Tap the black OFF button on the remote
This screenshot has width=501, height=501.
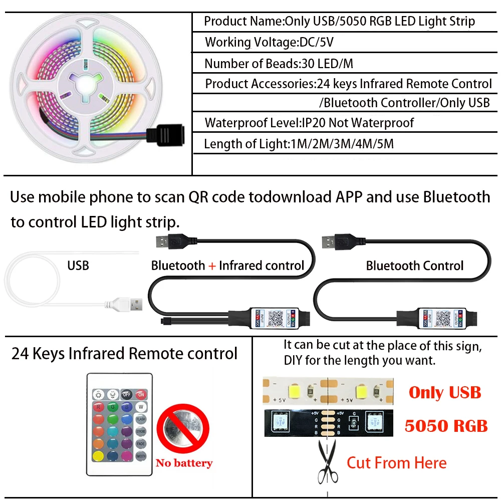click(127, 394)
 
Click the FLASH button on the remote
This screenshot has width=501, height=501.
click(141, 418)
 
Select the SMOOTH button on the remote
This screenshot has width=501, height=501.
click(141, 455)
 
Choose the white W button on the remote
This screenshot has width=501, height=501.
click(141, 406)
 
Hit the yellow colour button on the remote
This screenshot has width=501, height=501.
click(99, 455)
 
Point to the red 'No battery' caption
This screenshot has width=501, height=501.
click(184, 463)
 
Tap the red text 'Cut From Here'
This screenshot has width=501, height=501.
click(396, 462)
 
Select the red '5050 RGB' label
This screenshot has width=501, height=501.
click(446, 425)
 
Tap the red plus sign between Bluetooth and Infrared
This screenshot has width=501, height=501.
click(212, 266)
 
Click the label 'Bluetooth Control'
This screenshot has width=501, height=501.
click(414, 266)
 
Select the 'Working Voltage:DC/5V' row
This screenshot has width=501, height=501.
click(269, 42)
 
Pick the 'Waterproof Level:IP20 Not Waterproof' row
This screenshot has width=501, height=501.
click(309, 123)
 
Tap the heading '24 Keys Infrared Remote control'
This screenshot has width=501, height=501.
click(124, 354)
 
